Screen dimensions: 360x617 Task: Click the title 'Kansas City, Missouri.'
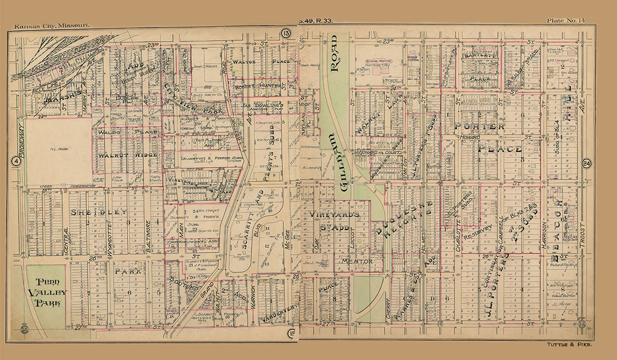coord(52,25)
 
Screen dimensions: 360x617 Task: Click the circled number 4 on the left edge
coord(16,161)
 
